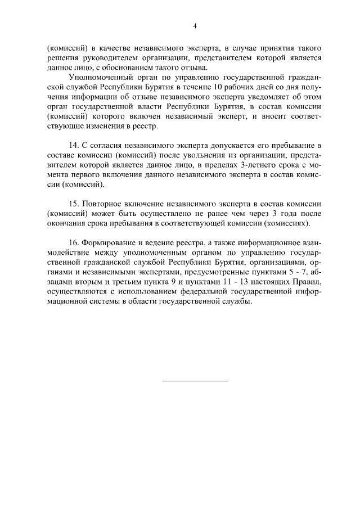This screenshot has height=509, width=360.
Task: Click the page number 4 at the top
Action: pyautogui.click(x=194, y=26)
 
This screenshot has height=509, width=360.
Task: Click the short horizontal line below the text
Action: pyautogui.click(x=195, y=381)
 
